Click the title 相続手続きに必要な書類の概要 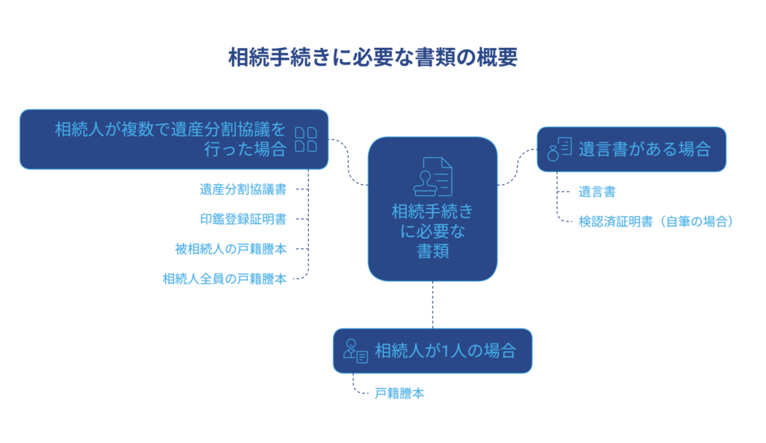373,57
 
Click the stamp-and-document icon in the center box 433,177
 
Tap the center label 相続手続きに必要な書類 432,230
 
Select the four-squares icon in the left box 306,139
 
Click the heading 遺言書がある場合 644,149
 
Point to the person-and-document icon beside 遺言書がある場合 560,149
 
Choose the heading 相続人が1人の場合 445,351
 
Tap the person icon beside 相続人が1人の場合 355,351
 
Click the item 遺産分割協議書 243,189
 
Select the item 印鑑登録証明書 243,219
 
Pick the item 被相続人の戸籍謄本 230,249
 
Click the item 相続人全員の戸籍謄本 224,278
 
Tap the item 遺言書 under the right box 597,192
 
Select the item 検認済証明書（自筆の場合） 655,221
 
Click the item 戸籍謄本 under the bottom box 399,393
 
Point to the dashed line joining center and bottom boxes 433,305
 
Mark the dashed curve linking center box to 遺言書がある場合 518,167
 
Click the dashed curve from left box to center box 349,162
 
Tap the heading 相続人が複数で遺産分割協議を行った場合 171,139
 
